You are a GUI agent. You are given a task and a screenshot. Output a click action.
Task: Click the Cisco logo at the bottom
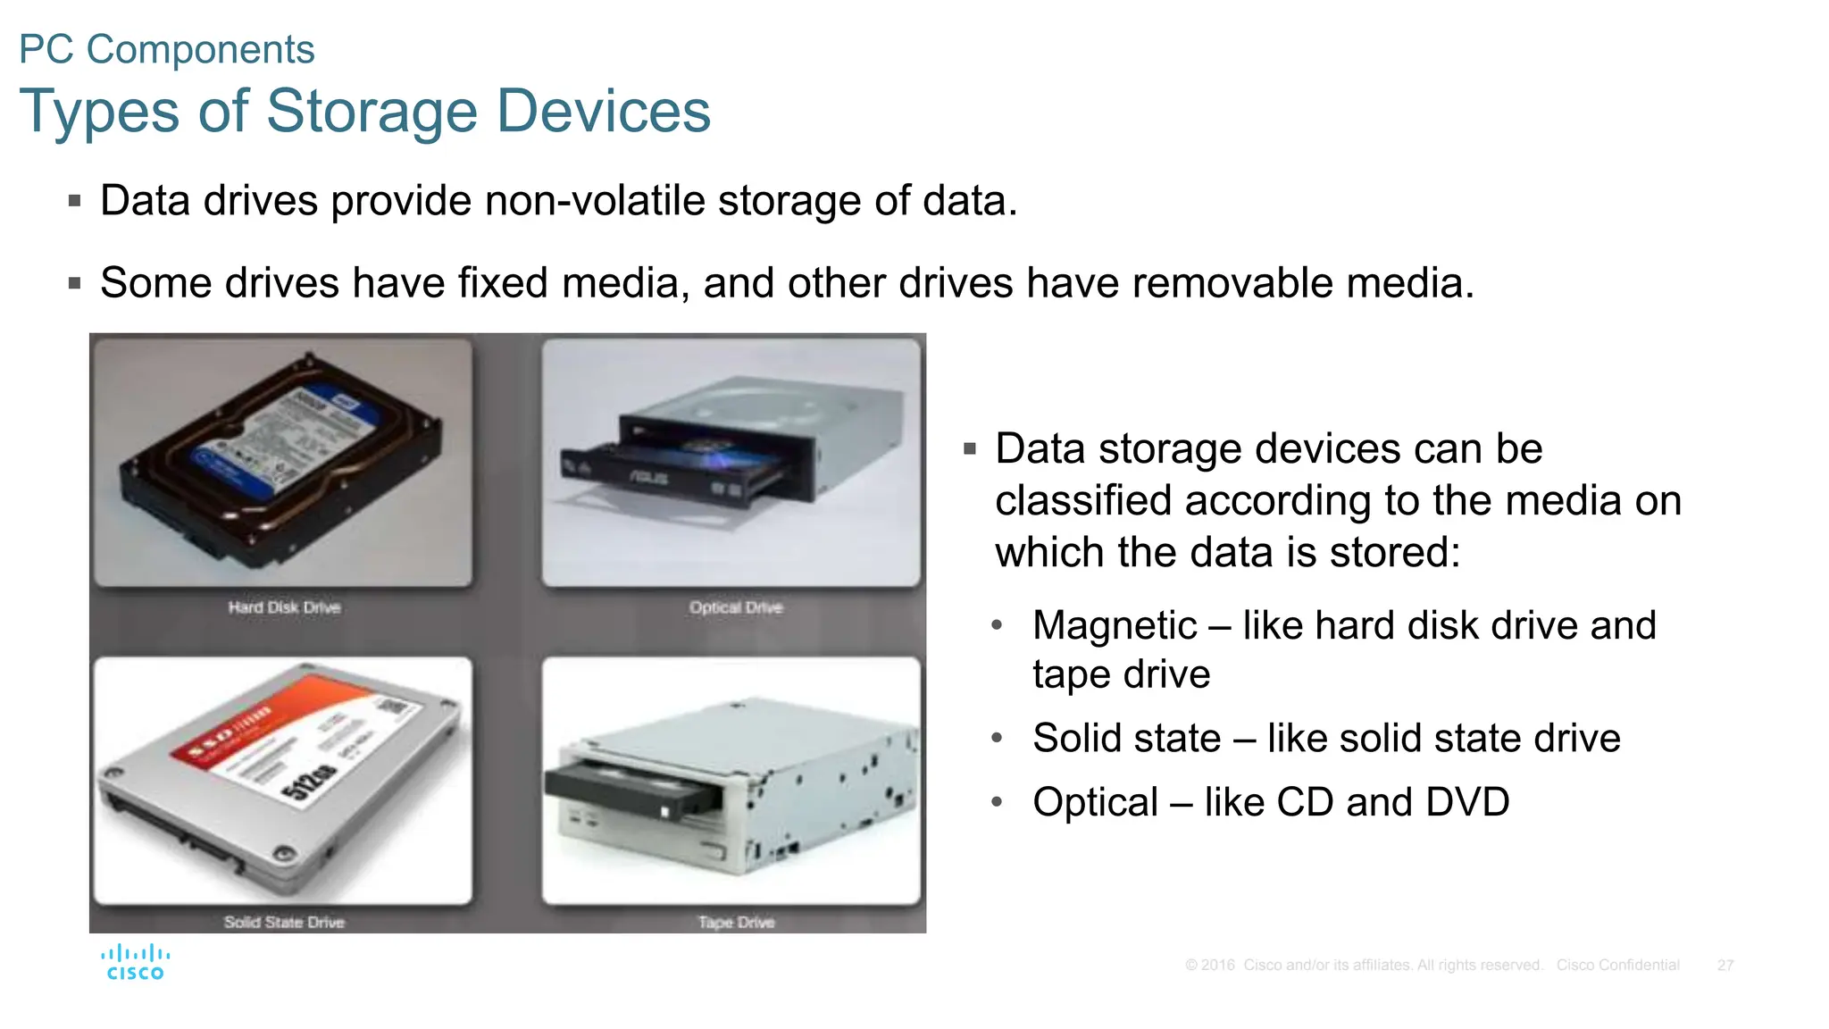point(135,963)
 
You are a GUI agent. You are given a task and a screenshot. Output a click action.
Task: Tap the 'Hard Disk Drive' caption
point(284,607)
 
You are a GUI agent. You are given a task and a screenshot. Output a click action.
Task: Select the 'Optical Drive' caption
point(736,607)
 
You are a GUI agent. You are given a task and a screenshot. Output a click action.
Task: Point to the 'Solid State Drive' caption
point(284,922)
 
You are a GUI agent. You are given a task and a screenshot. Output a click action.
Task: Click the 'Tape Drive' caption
point(736,922)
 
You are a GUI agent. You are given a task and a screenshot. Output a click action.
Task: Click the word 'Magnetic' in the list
point(1114,625)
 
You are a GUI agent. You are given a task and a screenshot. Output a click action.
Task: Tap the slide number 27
point(1725,966)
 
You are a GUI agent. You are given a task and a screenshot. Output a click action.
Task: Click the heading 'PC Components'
point(167,49)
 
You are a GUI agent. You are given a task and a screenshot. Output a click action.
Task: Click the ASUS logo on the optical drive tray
point(649,478)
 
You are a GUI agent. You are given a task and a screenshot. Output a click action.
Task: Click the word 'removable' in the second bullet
point(1232,283)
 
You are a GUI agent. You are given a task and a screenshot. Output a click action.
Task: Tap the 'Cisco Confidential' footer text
point(1617,966)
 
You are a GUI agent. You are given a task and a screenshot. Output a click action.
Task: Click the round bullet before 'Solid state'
point(998,738)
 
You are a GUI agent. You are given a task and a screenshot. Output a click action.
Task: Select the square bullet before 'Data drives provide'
point(75,201)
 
